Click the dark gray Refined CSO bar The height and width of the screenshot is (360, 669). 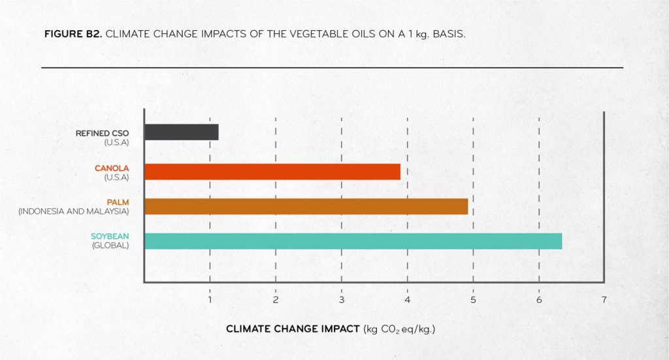(x=182, y=132)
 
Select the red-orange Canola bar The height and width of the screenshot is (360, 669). (x=272, y=172)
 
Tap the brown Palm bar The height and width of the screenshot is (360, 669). (x=306, y=206)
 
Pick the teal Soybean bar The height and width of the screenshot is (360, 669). (x=353, y=241)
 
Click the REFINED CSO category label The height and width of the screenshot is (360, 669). (x=103, y=133)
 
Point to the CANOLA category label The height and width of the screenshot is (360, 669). (x=112, y=169)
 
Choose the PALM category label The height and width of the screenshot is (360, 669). (x=118, y=203)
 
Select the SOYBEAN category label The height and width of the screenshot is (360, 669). (x=110, y=237)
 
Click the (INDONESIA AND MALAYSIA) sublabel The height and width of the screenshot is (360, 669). (x=74, y=212)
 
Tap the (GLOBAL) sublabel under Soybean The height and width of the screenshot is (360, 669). (x=110, y=246)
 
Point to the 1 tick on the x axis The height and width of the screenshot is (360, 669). (x=210, y=300)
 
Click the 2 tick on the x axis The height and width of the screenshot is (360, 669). (x=276, y=300)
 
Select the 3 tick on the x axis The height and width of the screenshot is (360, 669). (x=342, y=300)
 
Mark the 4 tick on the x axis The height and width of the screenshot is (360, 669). (x=408, y=300)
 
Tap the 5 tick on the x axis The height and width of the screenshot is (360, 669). (x=473, y=300)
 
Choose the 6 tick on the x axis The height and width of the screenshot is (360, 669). (x=539, y=300)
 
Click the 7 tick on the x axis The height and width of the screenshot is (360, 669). (x=604, y=300)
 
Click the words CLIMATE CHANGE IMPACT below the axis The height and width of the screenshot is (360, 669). (x=293, y=329)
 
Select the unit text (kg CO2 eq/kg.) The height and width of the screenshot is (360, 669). (x=399, y=329)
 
